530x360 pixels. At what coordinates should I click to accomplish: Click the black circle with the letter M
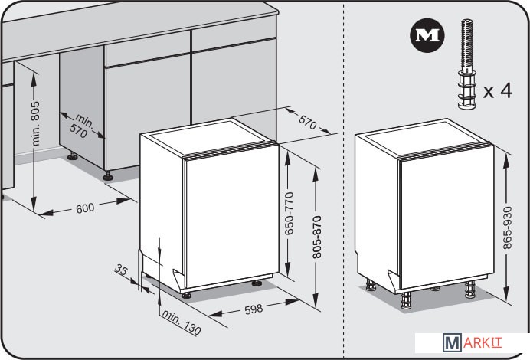(x=427, y=35)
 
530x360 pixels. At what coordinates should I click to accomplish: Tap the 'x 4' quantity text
(x=498, y=90)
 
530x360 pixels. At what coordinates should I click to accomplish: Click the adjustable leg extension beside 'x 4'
(x=466, y=64)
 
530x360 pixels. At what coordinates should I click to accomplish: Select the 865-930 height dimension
(x=507, y=228)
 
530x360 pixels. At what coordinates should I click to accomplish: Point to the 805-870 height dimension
(x=317, y=237)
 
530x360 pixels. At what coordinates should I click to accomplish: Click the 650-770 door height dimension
(x=289, y=214)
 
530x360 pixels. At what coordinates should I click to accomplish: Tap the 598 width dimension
(x=254, y=309)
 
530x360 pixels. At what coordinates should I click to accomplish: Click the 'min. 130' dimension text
(x=182, y=322)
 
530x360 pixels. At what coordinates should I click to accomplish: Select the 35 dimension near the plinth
(x=121, y=270)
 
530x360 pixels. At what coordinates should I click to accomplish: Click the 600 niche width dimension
(x=85, y=208)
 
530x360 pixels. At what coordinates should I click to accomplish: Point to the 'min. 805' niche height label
(x=34, y=123)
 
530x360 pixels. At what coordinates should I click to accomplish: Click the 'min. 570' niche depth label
(x=81, y=126)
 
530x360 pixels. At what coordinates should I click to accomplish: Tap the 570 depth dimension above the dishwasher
(x=308, y=122)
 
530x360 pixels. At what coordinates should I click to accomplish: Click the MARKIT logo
(x=473, y=342)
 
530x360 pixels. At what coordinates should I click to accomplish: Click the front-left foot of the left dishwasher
(x=186, y=295)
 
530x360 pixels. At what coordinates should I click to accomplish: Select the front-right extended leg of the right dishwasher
(x=470, y=290)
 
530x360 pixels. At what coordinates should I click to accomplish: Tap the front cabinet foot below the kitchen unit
(x=108, y=175)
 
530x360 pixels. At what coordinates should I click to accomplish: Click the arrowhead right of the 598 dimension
(x=291, y=302)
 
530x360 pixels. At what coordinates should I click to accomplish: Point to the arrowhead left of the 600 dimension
(x=46, y=213)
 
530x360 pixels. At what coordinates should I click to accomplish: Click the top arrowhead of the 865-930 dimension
(x=506, y=161)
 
